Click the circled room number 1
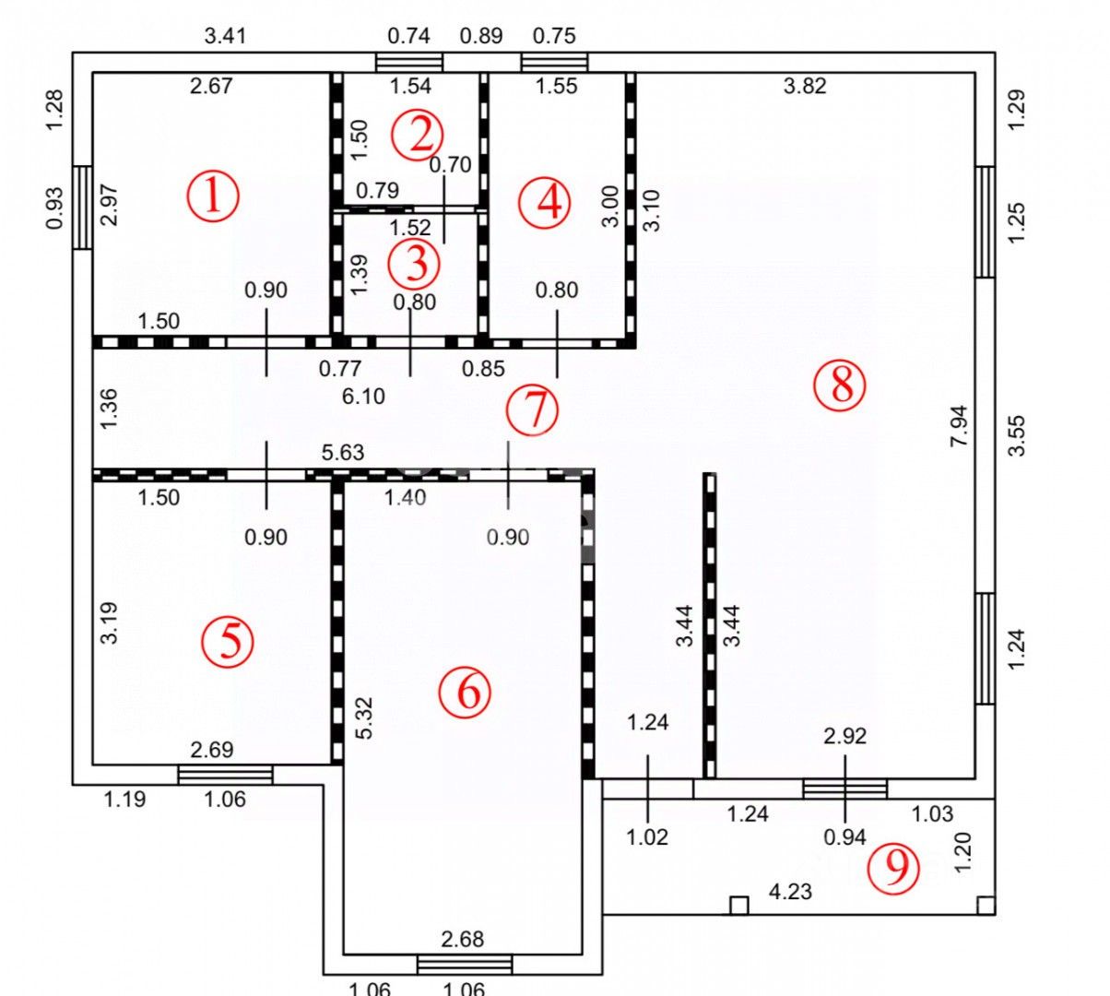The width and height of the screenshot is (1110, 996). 213,196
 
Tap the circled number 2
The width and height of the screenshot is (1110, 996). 417,136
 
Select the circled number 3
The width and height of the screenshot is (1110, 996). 415,264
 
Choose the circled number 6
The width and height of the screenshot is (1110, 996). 466,692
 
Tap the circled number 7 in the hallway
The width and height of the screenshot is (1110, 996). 533,409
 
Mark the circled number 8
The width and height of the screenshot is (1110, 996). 841,385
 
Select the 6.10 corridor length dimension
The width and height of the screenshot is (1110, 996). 363,397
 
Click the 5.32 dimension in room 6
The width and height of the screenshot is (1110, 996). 363,717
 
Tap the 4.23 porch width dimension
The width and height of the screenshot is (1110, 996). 790,892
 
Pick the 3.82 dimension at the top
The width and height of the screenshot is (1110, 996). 804,86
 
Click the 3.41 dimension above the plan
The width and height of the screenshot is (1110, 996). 225,37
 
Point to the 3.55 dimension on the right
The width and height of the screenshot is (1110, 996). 1016,435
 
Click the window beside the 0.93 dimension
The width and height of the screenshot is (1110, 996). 83,207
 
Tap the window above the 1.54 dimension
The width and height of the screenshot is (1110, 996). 409,62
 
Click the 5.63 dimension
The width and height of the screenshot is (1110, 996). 342,453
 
